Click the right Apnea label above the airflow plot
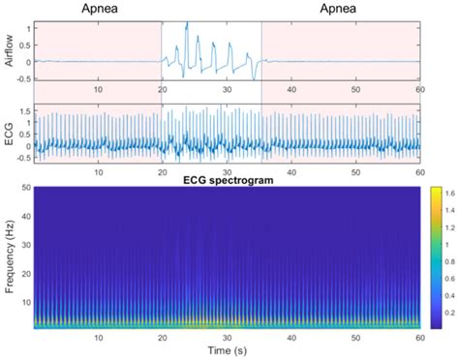(340, 9)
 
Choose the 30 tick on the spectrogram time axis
(228, 337)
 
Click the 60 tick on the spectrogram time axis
(418, 337)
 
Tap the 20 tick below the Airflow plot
(163, 90)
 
